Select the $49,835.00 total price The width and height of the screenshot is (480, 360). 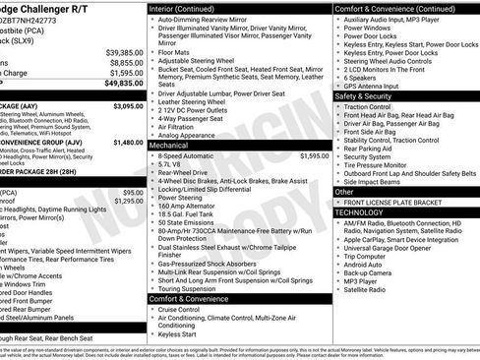[124, 84]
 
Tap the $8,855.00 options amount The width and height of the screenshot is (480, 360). [126, 62]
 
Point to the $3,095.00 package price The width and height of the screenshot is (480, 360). [128, 104]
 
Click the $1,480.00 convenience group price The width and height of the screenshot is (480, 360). [128, 142]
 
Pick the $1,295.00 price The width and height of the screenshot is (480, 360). [128, 202]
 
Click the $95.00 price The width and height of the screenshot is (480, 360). [133, 192]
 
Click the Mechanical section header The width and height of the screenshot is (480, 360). [168, 145]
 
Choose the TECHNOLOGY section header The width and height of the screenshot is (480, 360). [360, 212]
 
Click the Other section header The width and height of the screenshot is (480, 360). [344, 192]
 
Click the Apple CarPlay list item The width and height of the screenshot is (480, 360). [393, 240]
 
